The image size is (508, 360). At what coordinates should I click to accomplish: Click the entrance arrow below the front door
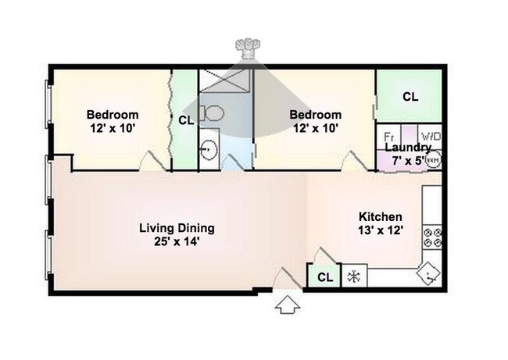click(x=288, y=305)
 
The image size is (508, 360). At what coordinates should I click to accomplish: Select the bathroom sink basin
click(x=209, y=150)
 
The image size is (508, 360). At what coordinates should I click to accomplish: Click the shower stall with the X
click(x=225, y=80)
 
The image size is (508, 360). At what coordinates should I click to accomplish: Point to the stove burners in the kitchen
click(x=432, y=237)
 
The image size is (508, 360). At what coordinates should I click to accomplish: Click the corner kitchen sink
click(x=428, y=273)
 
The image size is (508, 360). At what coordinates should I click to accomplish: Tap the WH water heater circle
click(x=434, y=160)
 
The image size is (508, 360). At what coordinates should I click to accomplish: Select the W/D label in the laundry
click(x=431, y=136)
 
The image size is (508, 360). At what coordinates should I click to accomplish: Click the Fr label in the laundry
click(x=388, y=137)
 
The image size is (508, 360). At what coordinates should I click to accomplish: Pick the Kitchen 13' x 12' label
click(x=381, y=223)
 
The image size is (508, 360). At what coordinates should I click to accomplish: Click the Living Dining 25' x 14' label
click(x=177, y=235)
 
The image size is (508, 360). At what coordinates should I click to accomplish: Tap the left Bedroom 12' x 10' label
click(x=113, y=121)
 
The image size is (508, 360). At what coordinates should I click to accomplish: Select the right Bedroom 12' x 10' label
click(x=315, y=121)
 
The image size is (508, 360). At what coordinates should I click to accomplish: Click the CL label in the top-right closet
click(x=410, y=97)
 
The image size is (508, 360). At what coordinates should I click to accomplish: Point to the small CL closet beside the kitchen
click(x=324, y=276)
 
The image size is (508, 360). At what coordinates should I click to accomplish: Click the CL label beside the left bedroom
click(x=186, y=120)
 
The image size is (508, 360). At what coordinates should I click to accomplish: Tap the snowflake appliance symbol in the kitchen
click(x=354, y=276)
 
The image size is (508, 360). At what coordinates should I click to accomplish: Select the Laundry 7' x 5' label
click(x=408, y=154)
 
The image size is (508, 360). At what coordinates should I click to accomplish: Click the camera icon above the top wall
click(x=248, y=48)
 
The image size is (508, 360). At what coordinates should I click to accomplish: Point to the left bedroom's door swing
click(x=152, y=160)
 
